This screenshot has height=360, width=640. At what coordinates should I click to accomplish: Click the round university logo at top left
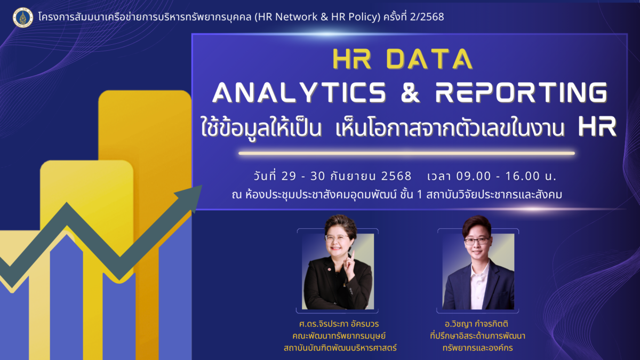coord(23,18)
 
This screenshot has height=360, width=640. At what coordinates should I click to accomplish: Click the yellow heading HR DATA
coord(403,59)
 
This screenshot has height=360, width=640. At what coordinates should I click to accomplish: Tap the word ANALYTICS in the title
coord(300,92)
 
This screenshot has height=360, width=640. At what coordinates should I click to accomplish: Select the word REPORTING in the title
coord(522,92)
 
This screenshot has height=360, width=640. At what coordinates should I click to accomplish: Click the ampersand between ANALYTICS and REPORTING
coord(411,92)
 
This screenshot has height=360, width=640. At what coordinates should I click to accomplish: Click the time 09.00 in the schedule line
coord(474,176)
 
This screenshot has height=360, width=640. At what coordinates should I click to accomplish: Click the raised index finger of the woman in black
coord(353,255)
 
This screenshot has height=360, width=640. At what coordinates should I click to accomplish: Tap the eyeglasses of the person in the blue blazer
coord(477,242)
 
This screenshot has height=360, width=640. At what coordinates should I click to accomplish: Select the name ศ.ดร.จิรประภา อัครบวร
coord(339,324)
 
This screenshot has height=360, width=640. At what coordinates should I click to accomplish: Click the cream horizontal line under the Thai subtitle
coord(406,154)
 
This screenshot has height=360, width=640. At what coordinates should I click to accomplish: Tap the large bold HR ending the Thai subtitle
coord(597,127)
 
